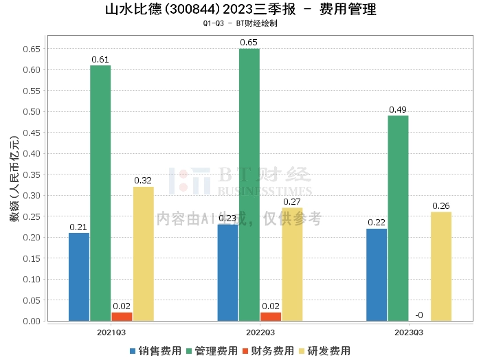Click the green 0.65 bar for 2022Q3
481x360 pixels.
[249, 185]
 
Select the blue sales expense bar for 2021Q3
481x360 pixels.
[79, 277]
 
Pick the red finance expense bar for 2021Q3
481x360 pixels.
[122, 317]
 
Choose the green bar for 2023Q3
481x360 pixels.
[398, 218]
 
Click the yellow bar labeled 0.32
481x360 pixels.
[143, 254]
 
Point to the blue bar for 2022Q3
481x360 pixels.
[228, 273]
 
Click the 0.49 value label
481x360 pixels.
[398, 109]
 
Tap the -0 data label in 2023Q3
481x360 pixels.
[418, 315]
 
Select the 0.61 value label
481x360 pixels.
[100, 59]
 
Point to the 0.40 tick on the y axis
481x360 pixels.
[32, 153]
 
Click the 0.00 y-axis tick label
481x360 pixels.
[32, 321]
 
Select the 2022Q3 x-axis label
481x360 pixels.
[249, 331]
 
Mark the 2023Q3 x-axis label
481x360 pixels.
[409, 331]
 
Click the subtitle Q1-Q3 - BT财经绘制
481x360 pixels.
[240, 23]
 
